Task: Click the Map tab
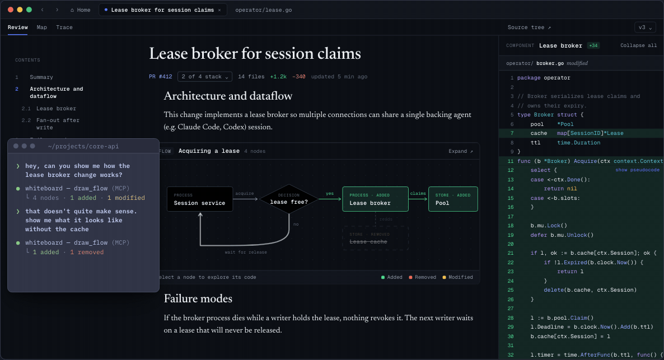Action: (x=41, y=27)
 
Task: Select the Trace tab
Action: (x=64, y=27)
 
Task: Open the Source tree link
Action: (x=529, y=27)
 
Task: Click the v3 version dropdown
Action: (x=645, y=27)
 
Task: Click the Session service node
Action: (x=199, y=199)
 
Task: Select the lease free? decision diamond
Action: (x=289, y=199)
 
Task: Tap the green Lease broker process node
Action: (x=375, y=199)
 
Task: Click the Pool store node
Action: (x=453, y=199)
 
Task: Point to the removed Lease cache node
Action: (x=375, y=238)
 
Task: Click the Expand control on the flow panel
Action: (x=461, y=151)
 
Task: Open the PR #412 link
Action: (x=161, y=77)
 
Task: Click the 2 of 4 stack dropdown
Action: (x=205, y=77)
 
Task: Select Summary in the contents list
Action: (x=41, y=77)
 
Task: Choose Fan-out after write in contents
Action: (x=58, y=124)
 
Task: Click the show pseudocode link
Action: (x=637, y=170)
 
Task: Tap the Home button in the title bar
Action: (x=80, y=10)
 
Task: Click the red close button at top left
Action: (x=11, y=10)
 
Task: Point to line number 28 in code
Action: (x=510, y=317)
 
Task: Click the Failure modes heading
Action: (x=198, y=298)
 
